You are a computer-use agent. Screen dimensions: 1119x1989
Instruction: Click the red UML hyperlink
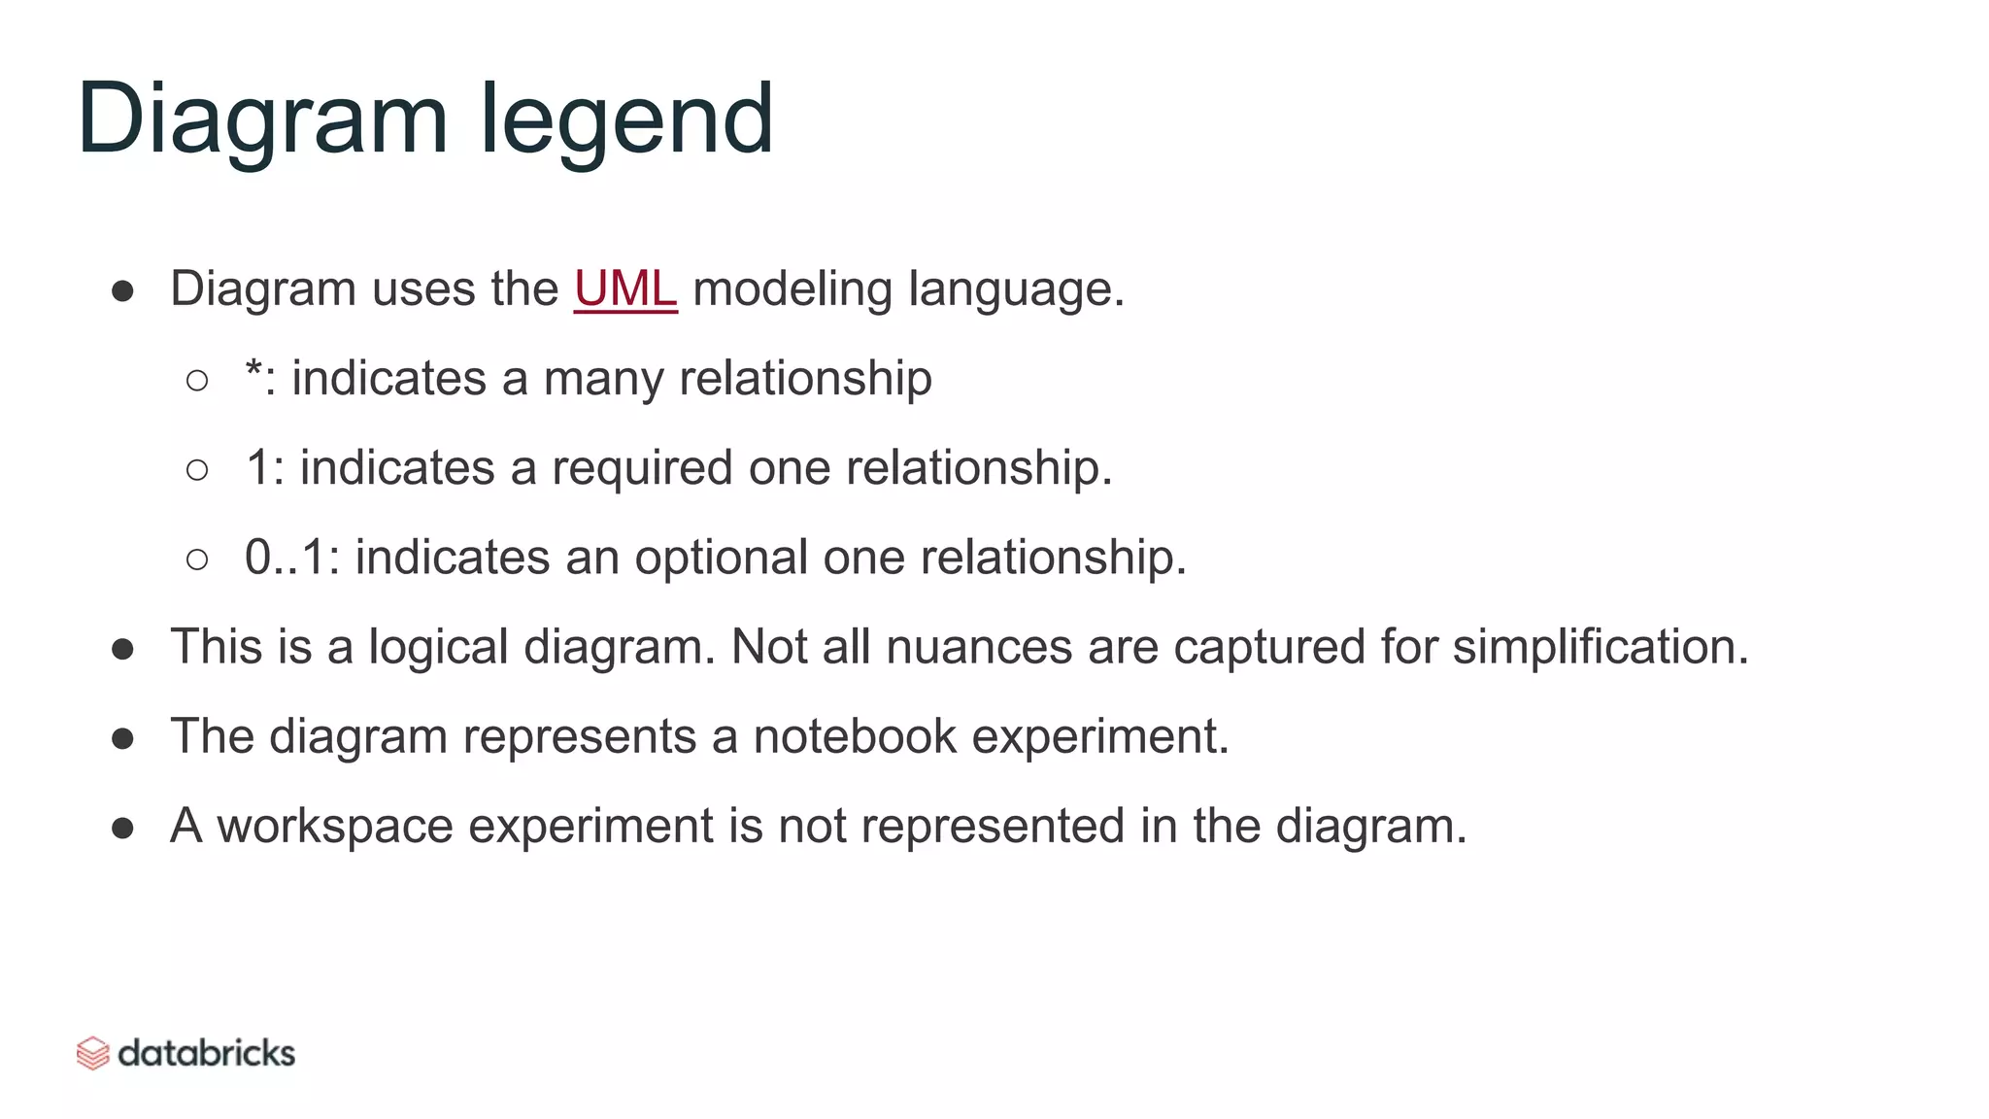coord(625,289)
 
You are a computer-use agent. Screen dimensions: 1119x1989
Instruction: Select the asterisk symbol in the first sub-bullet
coord(253,372)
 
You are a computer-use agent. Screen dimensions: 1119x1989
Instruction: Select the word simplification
coord(1600,647)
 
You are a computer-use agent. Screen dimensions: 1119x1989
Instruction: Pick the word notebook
coord(855,736)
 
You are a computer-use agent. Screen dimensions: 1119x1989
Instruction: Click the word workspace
coord(335,827)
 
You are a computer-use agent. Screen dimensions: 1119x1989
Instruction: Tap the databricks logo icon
coord(92,1053)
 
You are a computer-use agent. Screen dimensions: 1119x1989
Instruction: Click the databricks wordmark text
coord(206,1053)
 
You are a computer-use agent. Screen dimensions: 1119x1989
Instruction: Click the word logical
coord(438,648)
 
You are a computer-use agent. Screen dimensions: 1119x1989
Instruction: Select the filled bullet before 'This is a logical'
coord(122,649)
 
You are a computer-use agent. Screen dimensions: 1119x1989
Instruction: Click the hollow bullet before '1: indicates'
coord(197,470)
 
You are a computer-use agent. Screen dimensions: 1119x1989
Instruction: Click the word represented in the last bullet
coord(993,827)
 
